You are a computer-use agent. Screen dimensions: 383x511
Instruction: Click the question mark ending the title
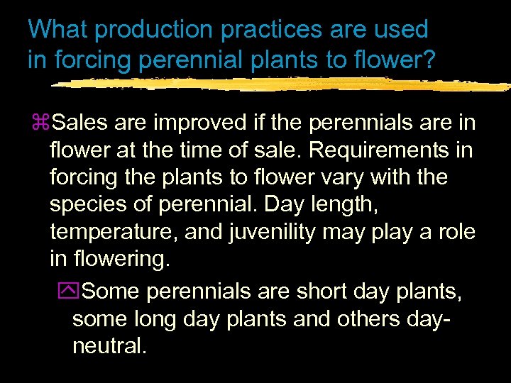click(x=429, y=60)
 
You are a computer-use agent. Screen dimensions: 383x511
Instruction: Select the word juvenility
click(x=280, y=232)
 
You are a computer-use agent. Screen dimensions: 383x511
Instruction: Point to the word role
click(x=455, y=232)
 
